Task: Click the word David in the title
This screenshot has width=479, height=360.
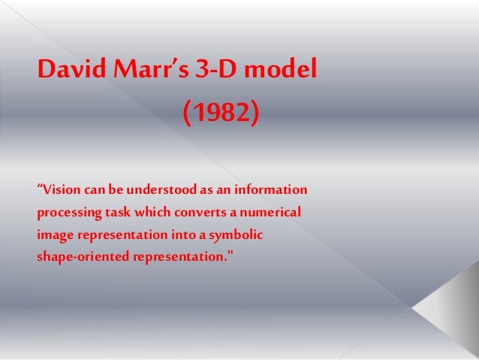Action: [70, 71]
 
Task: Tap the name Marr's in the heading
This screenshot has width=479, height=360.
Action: [149, 71]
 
